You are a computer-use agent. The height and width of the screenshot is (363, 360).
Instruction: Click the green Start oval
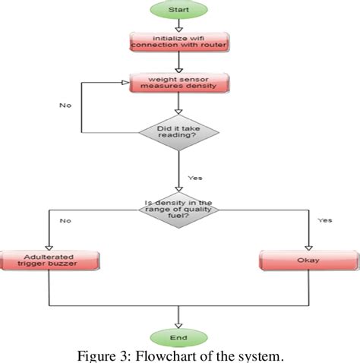(178, 9)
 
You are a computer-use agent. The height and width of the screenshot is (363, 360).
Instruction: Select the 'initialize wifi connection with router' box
(178, 41)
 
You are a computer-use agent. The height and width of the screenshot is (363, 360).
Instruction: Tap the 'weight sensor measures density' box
(178, 82)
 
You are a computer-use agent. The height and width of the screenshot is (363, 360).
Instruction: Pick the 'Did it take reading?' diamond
(179, 134)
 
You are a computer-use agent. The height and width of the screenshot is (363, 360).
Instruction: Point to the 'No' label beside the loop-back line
(65, 105)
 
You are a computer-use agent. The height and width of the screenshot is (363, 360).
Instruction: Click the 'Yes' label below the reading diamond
(195, 178)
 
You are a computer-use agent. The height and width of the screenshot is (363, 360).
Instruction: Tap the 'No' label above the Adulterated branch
(65, 220)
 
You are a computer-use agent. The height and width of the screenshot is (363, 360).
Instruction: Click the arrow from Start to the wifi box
(178, 24)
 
